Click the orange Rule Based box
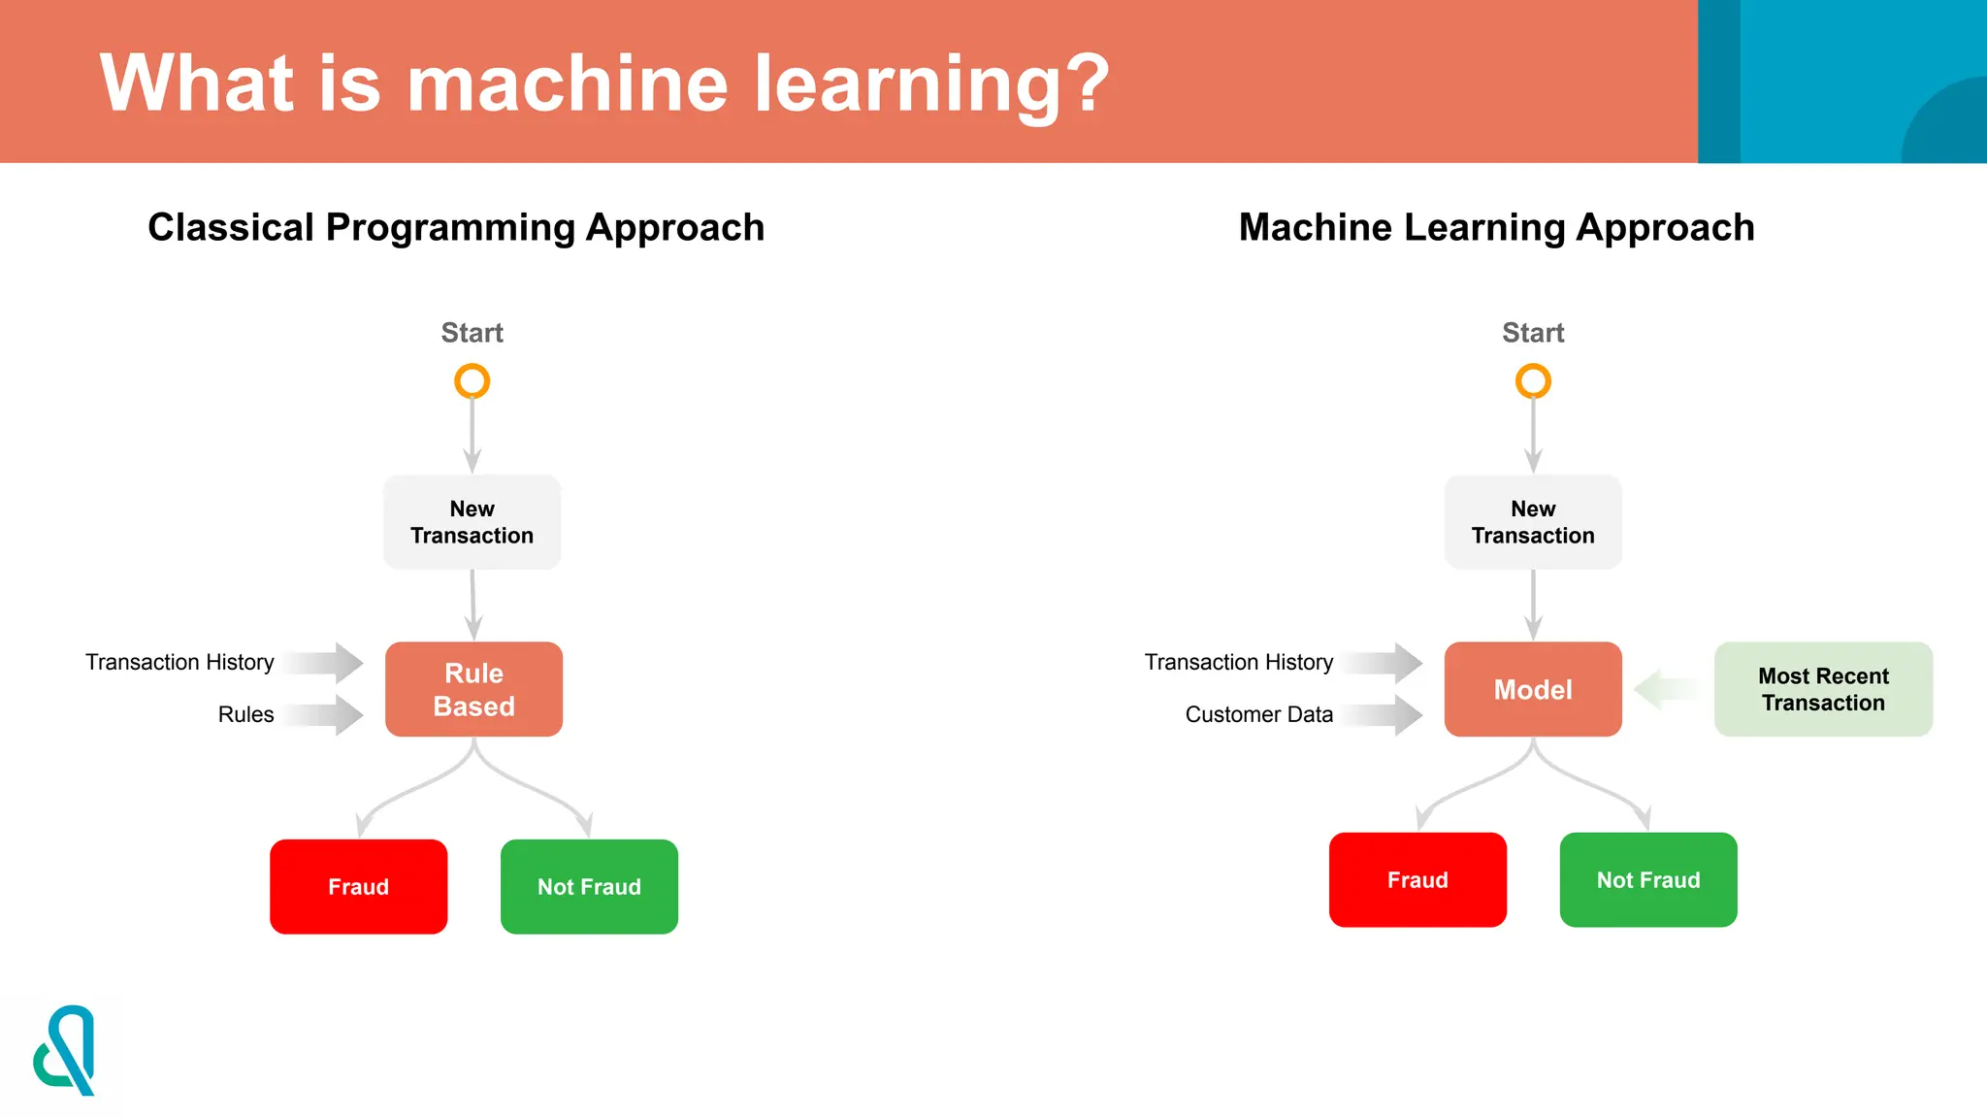point(473,689)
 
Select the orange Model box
point(1533,689)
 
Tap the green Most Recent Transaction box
point(1823,689)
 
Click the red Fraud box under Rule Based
point(358,886)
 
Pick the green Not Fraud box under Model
point(1648,879)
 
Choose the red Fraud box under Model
point(1417,879)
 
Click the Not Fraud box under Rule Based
point(589,886)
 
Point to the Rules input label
point(245,714)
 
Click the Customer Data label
point(1258,714)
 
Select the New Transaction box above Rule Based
point(472,522)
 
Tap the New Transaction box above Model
point(1533,522)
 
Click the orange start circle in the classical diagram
point(472,381)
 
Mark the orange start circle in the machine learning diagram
point(1533,381)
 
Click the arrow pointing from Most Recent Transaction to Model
point(1667,689)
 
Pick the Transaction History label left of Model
point(1238,662)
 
